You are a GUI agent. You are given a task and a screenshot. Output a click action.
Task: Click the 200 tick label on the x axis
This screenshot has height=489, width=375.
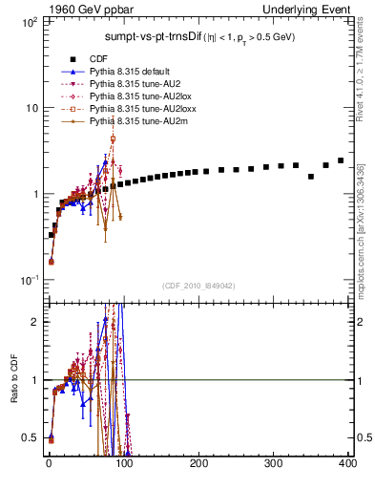199,463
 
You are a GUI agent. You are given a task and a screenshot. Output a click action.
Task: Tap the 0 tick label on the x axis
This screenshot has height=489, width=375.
48,463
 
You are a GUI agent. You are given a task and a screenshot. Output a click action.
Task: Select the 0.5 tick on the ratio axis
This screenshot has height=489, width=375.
31,437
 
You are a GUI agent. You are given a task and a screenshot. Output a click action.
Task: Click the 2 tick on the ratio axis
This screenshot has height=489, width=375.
35,322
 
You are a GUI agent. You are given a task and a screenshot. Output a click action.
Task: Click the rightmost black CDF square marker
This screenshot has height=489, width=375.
341,160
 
